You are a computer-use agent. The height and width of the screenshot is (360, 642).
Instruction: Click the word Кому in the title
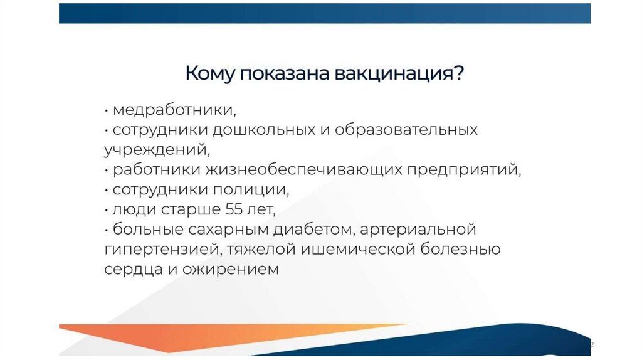click(x=210, y=74)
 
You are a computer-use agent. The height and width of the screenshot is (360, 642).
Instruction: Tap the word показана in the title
click(x=285, y=73)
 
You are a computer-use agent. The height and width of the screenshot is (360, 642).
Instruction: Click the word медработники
click(x=174, y=110)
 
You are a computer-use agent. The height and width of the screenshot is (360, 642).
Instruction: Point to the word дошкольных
click(x=264, y=130)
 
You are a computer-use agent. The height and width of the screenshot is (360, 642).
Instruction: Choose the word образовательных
click(x=406, y=130)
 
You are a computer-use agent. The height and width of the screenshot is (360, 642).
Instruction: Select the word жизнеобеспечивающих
click(x=304, y=169)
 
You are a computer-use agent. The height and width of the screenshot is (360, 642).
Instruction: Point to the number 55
click(x=234, y=209)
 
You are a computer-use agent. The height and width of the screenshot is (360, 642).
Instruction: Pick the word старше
click(x=191, y=209)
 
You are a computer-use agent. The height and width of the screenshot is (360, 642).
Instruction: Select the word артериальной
click(x=418, y=230)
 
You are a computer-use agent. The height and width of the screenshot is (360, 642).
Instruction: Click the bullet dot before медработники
click(x=107, y=110)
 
